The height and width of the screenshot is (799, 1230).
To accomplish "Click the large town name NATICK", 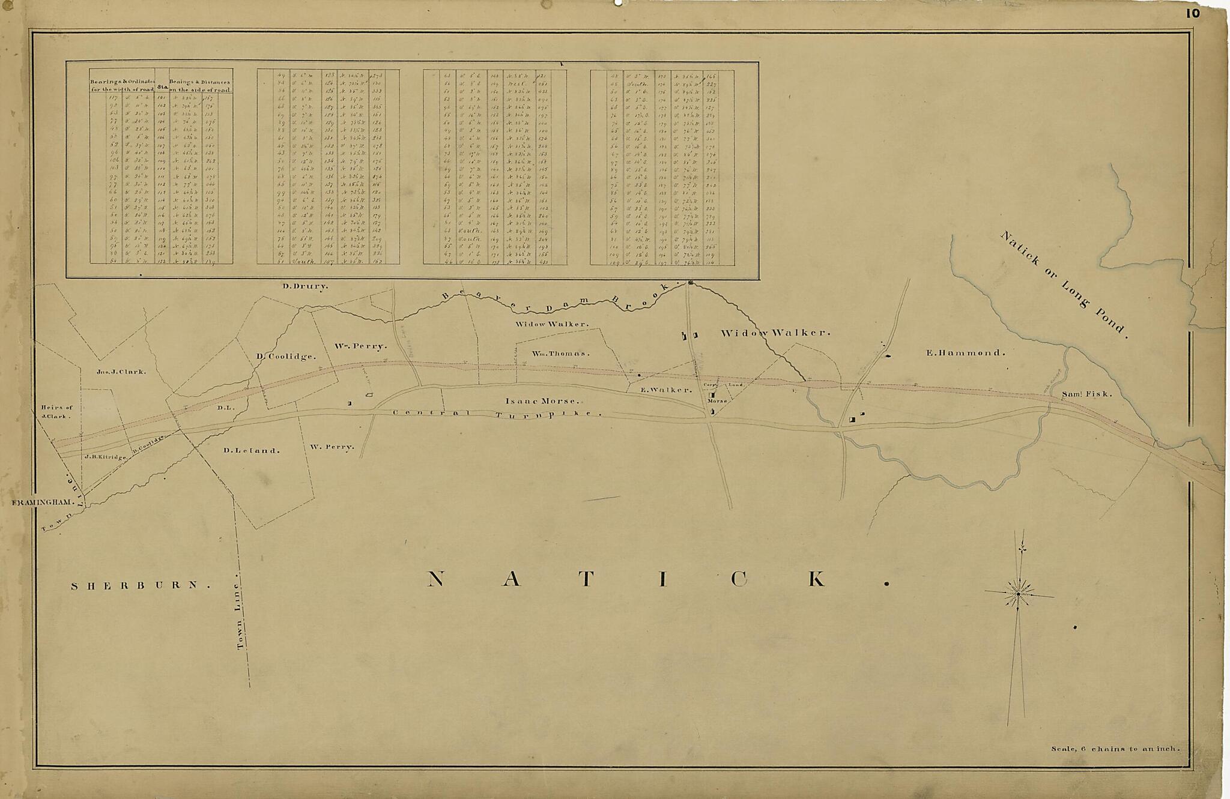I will (657, 579).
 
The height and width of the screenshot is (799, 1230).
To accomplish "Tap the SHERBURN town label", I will (141, 585).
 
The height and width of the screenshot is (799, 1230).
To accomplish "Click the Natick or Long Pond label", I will (1064, 285).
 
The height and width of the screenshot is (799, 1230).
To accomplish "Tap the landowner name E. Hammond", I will (966, 353).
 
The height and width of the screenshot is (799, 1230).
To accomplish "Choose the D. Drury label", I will (306, 286).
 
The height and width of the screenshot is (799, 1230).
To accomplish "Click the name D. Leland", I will (251, 450).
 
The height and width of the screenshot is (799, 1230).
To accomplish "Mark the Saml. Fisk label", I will (1087, 394).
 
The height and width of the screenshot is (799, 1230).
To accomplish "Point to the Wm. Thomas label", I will (560, 354).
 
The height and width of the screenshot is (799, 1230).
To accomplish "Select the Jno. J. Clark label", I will (121, 372).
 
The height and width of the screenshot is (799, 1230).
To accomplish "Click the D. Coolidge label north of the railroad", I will (286, 356).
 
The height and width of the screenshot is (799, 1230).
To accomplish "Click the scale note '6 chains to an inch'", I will (1115, 749).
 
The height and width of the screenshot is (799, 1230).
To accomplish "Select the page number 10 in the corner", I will (1192, 13).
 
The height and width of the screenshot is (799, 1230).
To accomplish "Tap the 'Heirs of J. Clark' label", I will (57, 411).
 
